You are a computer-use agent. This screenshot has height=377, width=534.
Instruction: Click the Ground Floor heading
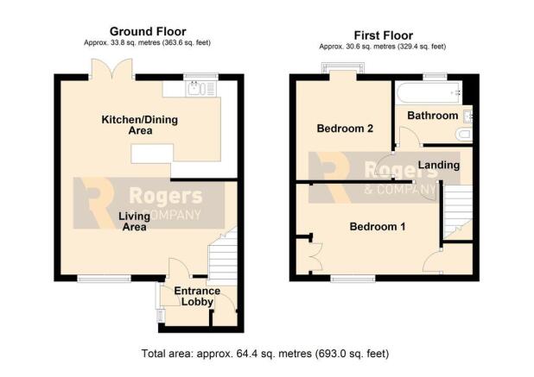(148, 32)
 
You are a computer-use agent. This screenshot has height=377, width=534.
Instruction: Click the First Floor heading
(384, 35)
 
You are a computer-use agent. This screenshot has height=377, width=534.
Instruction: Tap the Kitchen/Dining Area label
(140, 125)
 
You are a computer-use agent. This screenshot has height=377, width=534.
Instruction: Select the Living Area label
(134, 222)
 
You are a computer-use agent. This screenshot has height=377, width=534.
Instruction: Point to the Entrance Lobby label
(197, 296)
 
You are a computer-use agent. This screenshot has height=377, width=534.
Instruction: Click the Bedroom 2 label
(345, 129)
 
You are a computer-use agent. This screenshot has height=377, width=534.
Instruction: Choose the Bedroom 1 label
(378, 226)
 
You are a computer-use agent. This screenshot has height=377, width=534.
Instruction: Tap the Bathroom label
(433, 116)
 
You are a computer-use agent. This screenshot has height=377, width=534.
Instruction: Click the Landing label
(439, 166)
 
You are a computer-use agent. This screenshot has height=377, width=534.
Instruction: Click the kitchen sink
(201, 88)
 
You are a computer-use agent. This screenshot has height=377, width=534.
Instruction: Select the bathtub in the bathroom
(429, 92)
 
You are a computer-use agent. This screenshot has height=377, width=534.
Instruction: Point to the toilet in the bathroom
(464, 135)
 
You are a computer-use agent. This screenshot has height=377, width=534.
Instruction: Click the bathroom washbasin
(467, 116)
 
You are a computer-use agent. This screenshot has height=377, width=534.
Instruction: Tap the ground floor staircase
(222, 256)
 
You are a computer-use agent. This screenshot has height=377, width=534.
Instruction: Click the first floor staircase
(458, 211)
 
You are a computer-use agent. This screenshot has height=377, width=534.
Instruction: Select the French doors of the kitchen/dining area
(111, 70)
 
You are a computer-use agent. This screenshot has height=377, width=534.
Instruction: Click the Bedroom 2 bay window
(343, 69)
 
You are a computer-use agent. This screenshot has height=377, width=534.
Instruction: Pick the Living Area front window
(105, 279)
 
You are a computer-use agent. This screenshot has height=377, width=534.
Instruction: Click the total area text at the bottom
(265, 354)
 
